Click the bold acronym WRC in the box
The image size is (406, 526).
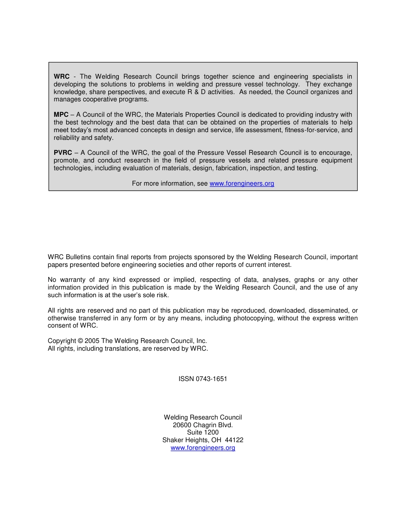pos(62,77)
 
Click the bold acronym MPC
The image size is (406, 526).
pos(61,115)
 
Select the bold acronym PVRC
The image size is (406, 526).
pos(63,153)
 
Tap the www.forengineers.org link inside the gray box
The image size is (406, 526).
pos(242,183)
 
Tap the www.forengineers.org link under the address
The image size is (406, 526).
pos(203,448)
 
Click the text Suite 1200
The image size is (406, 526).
pos(203,432)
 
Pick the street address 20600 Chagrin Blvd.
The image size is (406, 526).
pos(203,425)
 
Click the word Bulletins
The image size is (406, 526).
pos(78,257)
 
